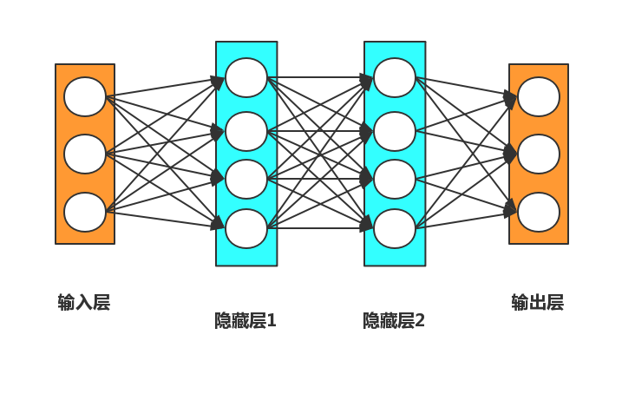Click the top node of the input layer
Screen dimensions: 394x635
coord(85,96)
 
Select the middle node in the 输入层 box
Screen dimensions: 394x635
coord(85,154)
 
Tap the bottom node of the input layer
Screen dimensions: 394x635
coord(85,212)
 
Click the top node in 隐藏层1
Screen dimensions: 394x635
coord(246,77)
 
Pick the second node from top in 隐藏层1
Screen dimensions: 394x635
coord(246,131)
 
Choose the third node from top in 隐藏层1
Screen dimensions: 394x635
coord(246,179)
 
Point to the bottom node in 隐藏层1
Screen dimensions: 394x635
coord(246,228)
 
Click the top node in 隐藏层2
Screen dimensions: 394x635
coord(395,77)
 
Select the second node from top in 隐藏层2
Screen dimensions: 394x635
coord(395,131)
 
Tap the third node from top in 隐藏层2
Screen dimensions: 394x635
coord(395,179)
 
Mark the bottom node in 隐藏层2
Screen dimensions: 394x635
coord(395,228)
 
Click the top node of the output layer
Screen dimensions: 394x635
coord(539,96)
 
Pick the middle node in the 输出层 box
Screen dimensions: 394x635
coord(539,154)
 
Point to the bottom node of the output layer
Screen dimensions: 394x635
coord(539,212)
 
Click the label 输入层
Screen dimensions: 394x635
coord(84,303)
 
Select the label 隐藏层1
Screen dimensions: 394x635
coord(245,321)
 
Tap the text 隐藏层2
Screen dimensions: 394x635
coord(394,321)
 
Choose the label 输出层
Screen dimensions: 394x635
coord(538,303)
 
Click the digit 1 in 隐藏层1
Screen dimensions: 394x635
coord(272,321)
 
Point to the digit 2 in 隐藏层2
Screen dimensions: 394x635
coord(420,321)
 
